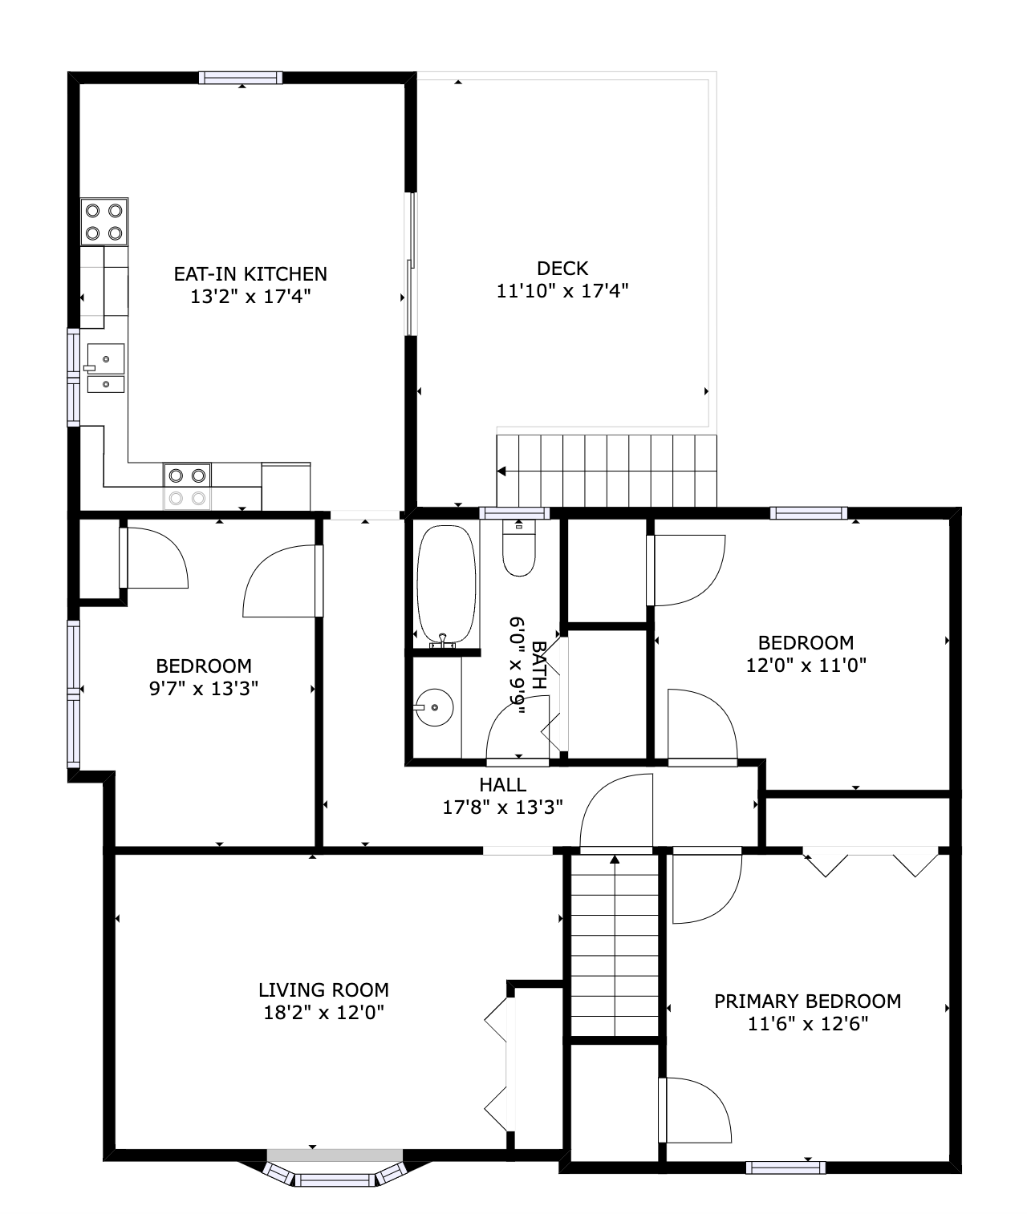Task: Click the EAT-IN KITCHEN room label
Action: (x=250, y=273)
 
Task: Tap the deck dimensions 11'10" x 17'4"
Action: (x=562, y=290)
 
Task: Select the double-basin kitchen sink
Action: (x=105, y=370)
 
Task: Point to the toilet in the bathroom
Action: (x=518, y=549)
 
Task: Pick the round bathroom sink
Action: (x=434, y=707)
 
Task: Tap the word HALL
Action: (x=502, y=784)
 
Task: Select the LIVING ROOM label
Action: (x=323, y=989)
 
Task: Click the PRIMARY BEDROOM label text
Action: (x=807, y=1001)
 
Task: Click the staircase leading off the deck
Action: (x=607, y=471)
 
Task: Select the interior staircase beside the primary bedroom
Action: (x=615, y=946)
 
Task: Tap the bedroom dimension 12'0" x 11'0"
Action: (x=806, y=665)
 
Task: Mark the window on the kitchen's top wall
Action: (x=241, y=78)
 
